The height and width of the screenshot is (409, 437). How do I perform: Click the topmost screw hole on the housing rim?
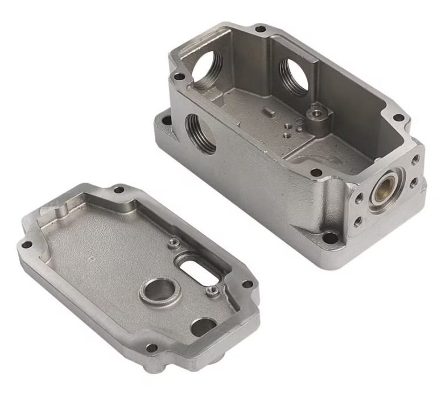click(261, 28)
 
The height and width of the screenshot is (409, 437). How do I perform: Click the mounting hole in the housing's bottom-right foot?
click(330, 236)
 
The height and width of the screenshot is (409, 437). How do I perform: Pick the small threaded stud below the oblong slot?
click(212, 292)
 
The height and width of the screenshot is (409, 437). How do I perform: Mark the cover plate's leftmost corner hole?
click(24, 245)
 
